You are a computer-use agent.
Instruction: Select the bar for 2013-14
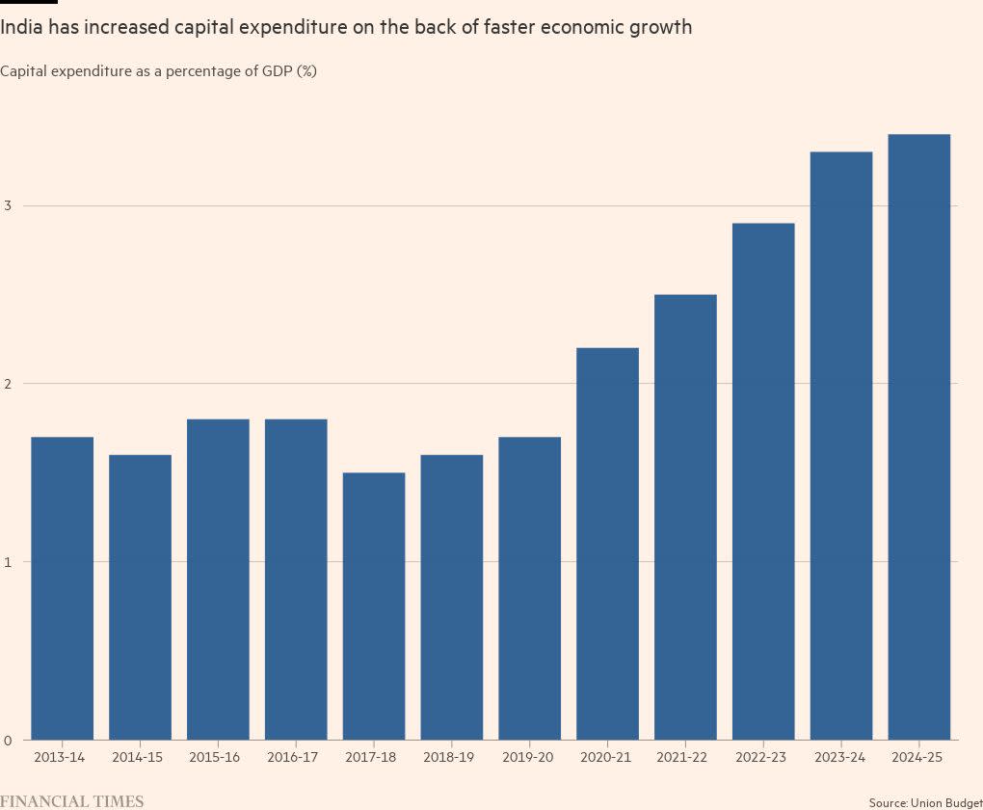62,588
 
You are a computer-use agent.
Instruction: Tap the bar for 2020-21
607,544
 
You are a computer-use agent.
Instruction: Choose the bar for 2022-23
763,481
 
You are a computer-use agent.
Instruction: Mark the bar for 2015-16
218,579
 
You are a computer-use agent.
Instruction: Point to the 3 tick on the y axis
8,205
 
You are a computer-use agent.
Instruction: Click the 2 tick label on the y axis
8,384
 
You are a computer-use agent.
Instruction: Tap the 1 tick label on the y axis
8,562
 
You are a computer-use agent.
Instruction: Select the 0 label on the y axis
8,740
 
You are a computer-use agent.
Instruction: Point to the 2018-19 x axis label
451,758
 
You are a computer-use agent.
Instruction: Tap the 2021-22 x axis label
685,758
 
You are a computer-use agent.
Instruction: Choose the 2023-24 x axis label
840,758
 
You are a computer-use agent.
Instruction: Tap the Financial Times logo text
72,801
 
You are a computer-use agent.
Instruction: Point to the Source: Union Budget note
924,802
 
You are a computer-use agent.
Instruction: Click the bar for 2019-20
529,588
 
